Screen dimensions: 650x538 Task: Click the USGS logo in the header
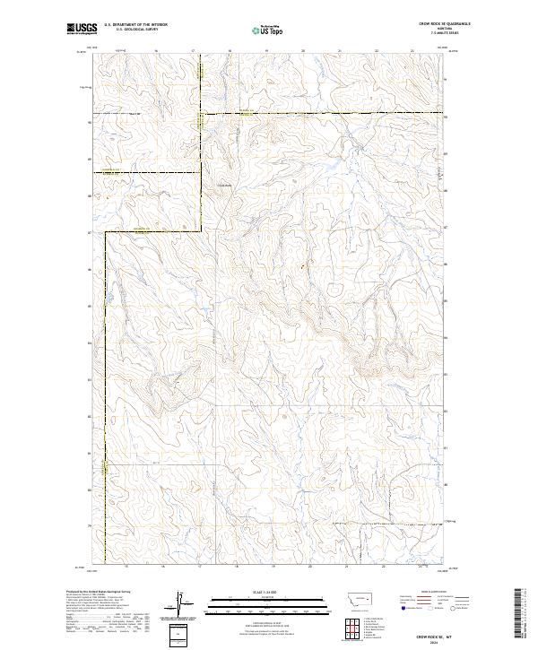(82, 29)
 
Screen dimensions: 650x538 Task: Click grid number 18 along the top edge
(230, 51)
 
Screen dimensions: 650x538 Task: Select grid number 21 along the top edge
(340, 51)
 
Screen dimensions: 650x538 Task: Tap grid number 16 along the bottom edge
(162, 567)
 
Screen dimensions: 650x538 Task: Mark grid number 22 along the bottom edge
(383, 567)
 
